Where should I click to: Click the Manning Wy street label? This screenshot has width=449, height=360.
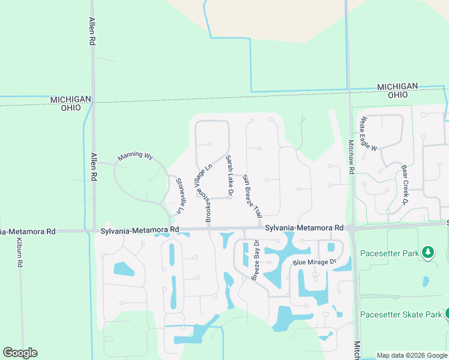(135, 156)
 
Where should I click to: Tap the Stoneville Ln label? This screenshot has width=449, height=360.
(178, 196)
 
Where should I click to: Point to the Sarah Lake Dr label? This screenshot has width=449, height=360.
(229, 175)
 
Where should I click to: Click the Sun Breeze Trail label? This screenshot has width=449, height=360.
(252, 196)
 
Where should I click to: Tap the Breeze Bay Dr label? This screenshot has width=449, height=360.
(255, 260)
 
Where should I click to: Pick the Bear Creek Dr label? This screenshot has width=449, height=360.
(405, 182)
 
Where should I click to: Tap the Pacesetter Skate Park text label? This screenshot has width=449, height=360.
(400, 314)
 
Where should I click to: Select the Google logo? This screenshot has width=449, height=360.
(20, 353)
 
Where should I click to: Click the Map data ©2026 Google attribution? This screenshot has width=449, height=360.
(412, 355)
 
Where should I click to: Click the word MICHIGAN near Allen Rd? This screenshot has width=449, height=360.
(71, 100)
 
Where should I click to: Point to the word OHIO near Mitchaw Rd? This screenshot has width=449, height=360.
(397, 95)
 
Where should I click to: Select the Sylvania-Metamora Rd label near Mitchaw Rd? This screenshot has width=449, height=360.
(304, 228)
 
